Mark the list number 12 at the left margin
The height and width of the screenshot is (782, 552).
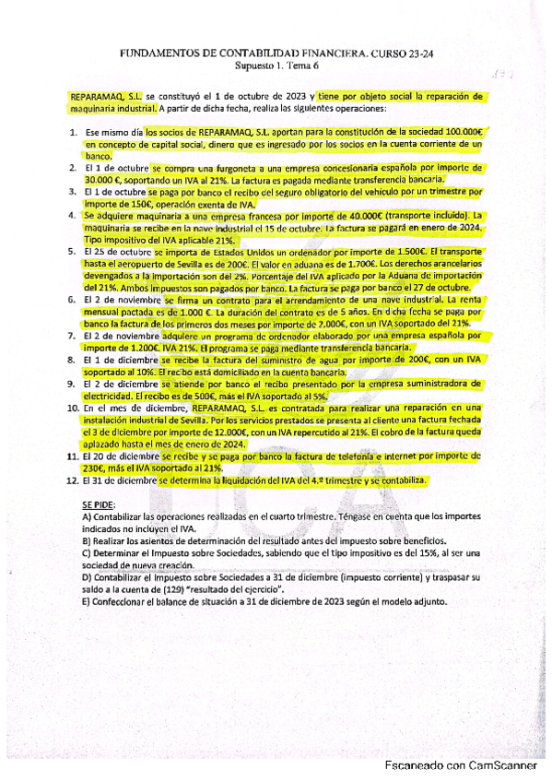[72, 480]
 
